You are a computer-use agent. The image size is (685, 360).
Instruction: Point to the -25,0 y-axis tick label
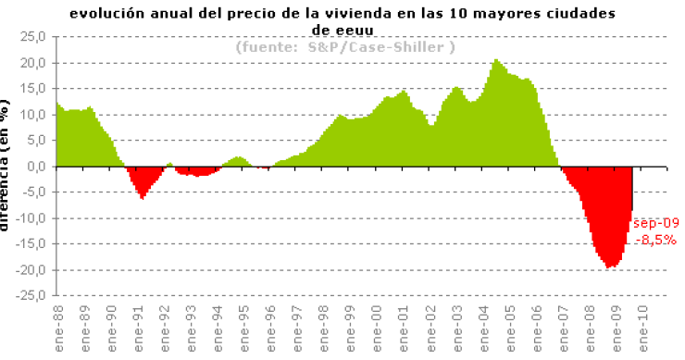[x=31, y=296]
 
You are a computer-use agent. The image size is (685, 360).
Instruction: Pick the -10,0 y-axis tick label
[x=31, y=218]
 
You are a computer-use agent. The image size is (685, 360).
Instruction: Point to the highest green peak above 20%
[x=496, y=60]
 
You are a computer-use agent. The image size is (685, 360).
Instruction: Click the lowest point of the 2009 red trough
[x=611, y=267]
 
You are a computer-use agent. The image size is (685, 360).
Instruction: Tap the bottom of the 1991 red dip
[x=142, y=198]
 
